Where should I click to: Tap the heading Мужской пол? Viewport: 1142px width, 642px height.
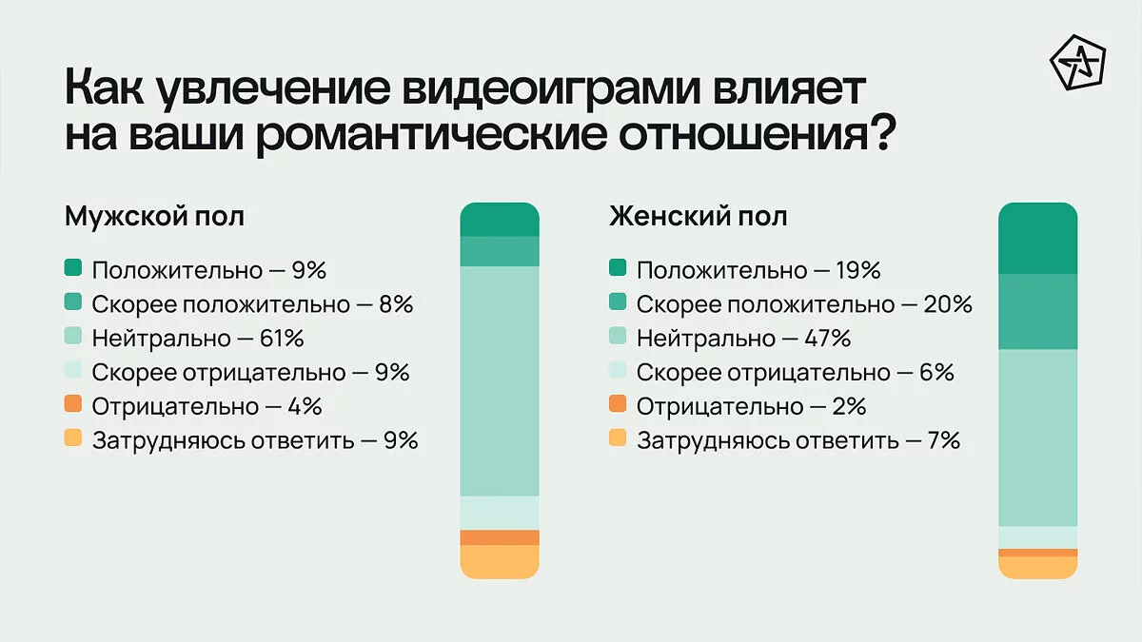154,216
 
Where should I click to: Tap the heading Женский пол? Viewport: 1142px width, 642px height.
698,216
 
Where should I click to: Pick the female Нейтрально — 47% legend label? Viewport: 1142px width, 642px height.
743,338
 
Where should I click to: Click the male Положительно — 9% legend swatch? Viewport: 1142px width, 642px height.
74,269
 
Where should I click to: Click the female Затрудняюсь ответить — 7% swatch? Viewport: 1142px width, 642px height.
618,440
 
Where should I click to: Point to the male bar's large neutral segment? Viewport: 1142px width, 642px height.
500,380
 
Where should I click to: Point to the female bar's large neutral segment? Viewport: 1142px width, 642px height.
1037,438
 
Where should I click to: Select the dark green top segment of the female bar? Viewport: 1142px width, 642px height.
1037,239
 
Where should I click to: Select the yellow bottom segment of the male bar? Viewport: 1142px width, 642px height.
500,562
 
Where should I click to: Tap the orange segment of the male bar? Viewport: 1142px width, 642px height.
500,537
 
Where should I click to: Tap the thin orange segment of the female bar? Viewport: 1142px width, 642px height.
1037,553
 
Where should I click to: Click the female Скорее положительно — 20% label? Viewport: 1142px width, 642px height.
804,304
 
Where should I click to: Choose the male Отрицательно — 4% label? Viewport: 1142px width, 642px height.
207,406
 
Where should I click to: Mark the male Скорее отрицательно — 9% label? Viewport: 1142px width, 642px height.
250,372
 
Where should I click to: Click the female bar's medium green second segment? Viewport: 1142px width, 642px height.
1037,311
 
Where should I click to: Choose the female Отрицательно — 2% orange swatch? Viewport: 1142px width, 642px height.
618,406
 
